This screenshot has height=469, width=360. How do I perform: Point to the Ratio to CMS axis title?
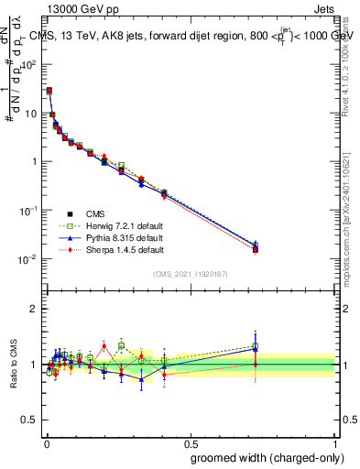pos(14,365)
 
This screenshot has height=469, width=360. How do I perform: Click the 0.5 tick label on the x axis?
pos(191,442)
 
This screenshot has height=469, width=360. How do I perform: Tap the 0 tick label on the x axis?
pos(46,442)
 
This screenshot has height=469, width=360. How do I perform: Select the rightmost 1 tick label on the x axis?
pos(336,442)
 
